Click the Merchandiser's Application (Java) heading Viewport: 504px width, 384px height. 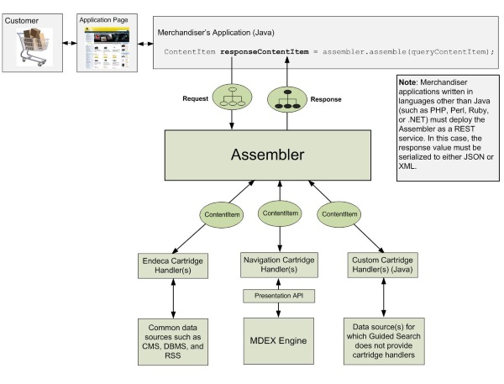(x=214, y=32)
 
